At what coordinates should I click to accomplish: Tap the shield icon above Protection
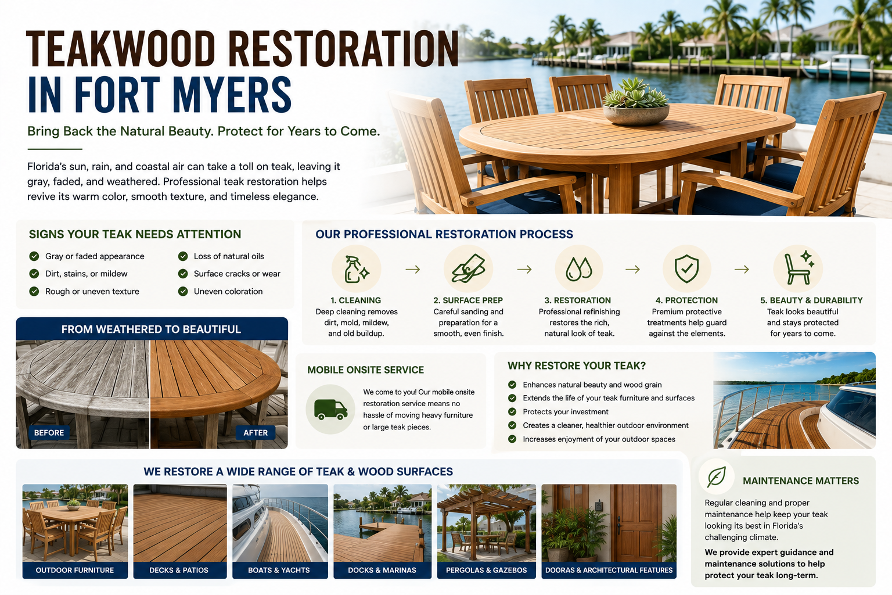pos(686,269)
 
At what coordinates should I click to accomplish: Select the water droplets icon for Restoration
pos(578,269)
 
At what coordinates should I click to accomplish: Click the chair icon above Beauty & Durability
pos(799,268)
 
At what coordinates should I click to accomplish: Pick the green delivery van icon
pos(330,409)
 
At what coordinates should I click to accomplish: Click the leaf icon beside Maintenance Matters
pos(717,476)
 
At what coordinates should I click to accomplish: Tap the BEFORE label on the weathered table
pos(49,432)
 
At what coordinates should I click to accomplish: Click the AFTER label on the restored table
pos(256,432)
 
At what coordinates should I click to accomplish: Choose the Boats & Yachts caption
pos(279,570)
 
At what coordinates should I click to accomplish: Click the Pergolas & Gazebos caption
pos(486,570)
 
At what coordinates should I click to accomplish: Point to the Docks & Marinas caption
pos(382,570)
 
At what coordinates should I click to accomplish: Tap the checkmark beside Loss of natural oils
pos(183,256)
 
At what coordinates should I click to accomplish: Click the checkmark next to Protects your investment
pos(512,412)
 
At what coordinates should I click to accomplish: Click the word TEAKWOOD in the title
pos(120,49)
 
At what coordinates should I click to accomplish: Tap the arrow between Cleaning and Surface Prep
pos(412,270)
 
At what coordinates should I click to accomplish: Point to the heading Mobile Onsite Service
pos(365,370)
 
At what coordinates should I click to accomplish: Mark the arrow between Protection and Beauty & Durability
pos(742,270)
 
